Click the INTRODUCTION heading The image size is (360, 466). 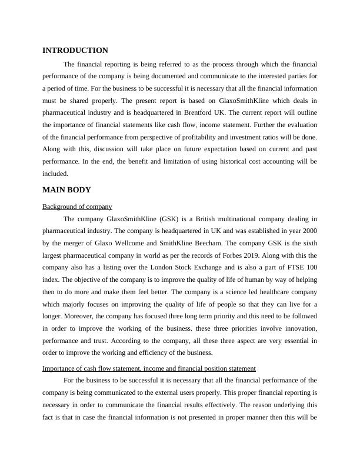75,51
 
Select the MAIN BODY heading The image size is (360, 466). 66,189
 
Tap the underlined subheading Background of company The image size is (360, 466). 78,207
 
